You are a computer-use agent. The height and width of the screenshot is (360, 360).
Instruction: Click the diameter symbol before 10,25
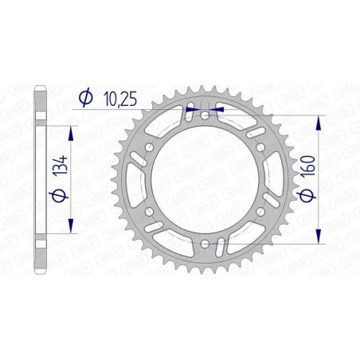tap(85, 98)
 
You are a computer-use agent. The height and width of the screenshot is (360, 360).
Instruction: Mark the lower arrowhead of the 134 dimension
tap(72, 227)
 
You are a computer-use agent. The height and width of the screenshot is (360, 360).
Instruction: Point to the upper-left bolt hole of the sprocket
tap(151, 148)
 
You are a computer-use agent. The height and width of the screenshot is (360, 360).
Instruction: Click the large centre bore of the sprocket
tap(205, 180)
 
